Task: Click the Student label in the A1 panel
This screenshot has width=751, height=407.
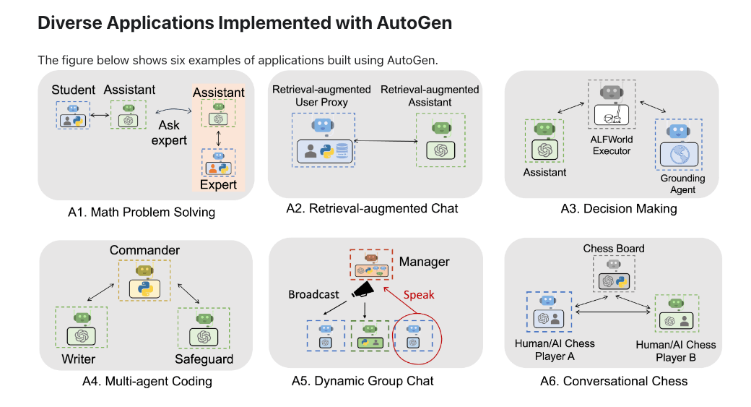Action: [74, 90]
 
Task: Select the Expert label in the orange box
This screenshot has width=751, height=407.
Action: [219, 184]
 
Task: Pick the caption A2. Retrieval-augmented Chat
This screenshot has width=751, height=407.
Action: [372, 209]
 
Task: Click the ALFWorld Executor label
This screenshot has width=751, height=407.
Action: [612, 145]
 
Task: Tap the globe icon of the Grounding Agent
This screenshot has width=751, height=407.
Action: [679, 156]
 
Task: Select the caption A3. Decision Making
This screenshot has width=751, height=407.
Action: [619, 209]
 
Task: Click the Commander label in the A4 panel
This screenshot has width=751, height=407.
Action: [144, 250]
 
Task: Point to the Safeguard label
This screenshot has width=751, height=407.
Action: [204, 359]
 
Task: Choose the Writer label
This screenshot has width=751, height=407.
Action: [79, 359]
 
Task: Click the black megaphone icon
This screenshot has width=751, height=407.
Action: [365, 291]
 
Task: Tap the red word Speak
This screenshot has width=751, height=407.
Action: [419, 294]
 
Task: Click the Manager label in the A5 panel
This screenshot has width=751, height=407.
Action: [424, 261]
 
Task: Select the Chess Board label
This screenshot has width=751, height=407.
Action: [614, 249]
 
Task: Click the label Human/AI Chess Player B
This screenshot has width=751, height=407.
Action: [676, 351]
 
